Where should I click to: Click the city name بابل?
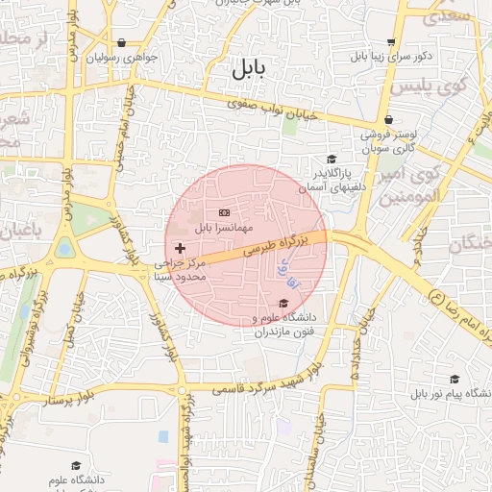pyautogui.click(x=248, y=70)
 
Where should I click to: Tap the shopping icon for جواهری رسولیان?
pyautogui.click(x=121, y=42)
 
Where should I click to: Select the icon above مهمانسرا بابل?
pyautogui.click(x=224, y=211)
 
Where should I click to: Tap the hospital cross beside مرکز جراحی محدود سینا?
pyautogui.click(x=180, y=248)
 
